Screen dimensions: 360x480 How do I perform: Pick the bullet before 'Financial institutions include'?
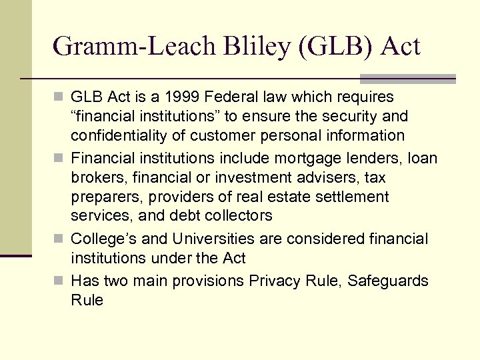click(61, 159)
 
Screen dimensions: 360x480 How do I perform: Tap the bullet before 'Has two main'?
click(61, 281)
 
